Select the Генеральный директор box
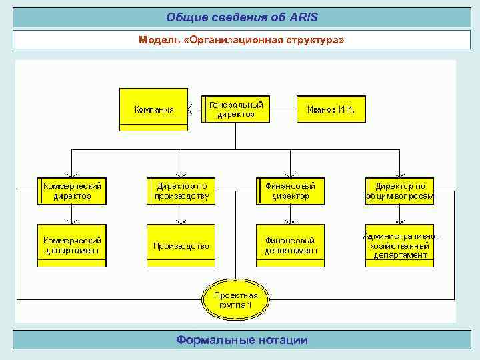236,109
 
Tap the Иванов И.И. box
331,109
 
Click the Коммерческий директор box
72,191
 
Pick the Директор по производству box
181,191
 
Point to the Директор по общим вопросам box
399,191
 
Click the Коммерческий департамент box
72,245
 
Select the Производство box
181,245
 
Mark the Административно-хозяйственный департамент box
399,245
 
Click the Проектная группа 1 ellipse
236,300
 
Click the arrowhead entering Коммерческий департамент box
72,221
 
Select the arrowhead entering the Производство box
181,221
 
